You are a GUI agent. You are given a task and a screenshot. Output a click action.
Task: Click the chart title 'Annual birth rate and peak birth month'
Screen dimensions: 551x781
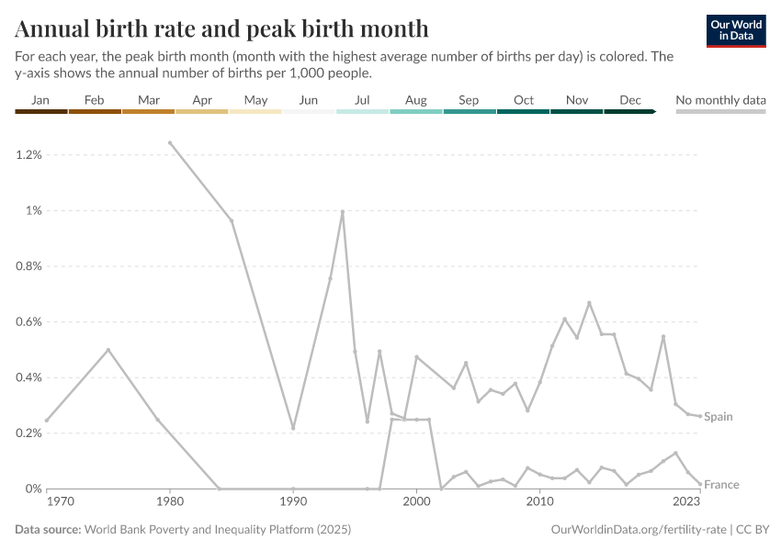221,28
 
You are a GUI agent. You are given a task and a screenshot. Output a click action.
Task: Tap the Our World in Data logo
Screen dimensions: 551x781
735,30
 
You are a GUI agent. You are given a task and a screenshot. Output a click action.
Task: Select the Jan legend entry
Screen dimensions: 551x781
40,100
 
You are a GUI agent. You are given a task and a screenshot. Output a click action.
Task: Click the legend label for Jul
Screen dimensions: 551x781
362,100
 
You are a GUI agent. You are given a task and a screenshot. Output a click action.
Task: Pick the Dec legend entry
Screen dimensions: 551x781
630,100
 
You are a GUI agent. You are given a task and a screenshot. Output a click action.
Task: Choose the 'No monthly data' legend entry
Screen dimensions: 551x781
720,100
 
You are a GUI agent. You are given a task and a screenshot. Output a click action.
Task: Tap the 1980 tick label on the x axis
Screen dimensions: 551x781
169,503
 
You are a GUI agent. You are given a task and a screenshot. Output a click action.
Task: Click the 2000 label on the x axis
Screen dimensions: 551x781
416,503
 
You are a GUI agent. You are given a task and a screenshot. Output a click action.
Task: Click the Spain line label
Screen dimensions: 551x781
719,417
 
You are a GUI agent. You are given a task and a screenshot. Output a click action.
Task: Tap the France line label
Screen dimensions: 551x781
721,485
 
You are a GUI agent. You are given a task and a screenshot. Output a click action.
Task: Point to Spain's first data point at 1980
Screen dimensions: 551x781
170,142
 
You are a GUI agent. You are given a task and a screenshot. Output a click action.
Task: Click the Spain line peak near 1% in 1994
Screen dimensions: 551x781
343,211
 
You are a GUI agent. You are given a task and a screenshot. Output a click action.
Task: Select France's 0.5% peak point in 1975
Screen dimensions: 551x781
108,350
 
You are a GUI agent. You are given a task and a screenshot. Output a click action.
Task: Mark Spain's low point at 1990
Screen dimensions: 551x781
293,428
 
